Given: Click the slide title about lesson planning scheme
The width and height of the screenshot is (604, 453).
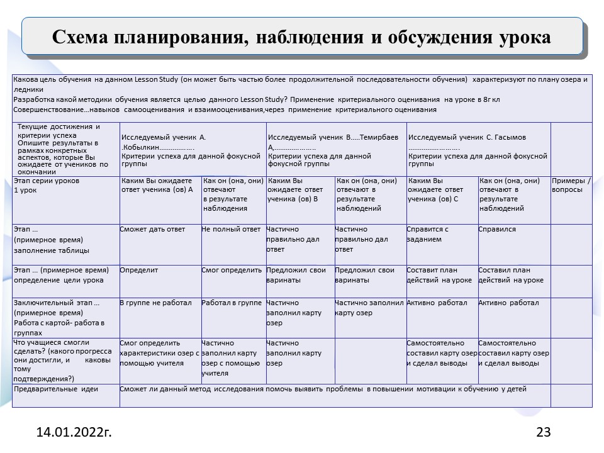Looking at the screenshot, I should [301, 37].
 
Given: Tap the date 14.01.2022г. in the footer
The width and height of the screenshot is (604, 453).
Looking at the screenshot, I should [74, 432].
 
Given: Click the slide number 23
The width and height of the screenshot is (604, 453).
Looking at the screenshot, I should [543, 432].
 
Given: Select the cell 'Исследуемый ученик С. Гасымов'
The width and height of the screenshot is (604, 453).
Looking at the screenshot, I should [478, 149].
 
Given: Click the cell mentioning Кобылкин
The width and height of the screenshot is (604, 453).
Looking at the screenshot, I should [193, 149].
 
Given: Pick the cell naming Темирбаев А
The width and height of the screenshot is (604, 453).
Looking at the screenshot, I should [337, 149].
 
